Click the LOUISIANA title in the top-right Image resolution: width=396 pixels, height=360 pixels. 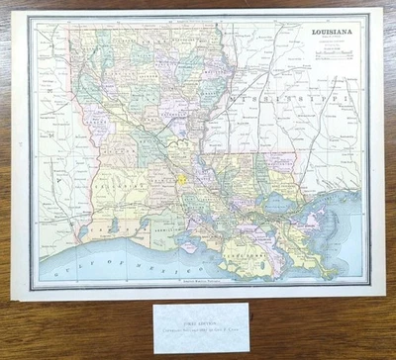click(335, 33)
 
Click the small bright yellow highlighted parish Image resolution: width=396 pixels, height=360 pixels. click(184, 182)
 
